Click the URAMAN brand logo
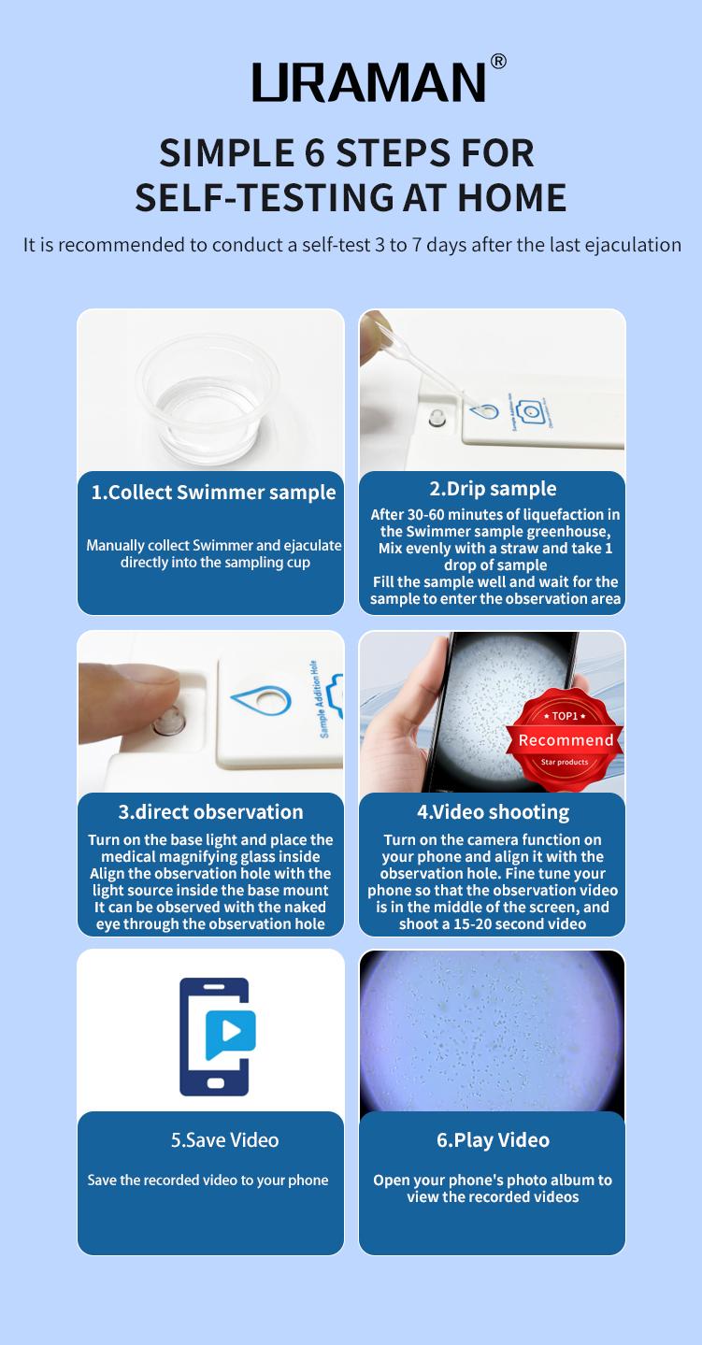369,82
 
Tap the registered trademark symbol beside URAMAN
498,62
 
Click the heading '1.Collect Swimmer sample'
213,493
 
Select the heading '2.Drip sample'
493,489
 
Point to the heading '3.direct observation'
210,811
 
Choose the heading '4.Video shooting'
493,811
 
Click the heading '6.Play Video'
493,1139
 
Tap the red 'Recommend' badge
565,739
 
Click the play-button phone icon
216,1036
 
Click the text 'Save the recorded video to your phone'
208,1180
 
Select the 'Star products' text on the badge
565,763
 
